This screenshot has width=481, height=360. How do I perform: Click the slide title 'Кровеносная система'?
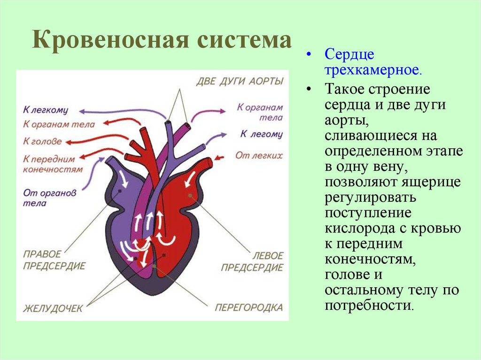point(162,40)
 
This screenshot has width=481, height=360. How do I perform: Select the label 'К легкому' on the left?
point(46,110)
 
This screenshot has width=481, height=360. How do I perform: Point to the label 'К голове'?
point(42,141)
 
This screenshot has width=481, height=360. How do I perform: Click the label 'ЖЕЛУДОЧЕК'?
point(53,308)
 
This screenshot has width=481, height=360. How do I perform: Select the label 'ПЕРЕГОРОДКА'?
point(249,308)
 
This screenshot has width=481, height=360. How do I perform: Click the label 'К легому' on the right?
point(262,134)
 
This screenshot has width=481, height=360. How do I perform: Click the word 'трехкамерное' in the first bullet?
point(373,70)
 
